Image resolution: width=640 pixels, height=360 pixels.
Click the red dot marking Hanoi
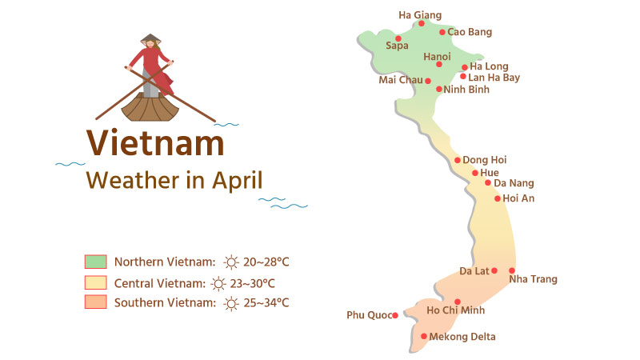pos(439,64)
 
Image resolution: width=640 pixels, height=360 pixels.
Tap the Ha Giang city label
pos(420,14)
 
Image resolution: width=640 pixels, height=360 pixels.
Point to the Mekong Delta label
pos(463,337)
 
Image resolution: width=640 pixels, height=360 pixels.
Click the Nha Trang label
pos(533,279)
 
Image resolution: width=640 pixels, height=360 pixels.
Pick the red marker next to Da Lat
pos(494,270)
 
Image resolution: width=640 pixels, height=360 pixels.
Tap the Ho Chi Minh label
pos(456,310)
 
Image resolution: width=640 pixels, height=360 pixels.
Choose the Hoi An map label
pos(518,198)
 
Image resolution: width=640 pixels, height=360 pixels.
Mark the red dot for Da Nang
pos(488,182)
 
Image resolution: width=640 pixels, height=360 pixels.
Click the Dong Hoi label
pos(485,160)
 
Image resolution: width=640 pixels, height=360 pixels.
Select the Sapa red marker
pos(398,38)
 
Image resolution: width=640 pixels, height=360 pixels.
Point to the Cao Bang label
pos(470,32)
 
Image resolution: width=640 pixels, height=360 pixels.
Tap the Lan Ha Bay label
pos(494,78)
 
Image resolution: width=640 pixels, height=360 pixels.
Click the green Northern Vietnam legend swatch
pos(95,262)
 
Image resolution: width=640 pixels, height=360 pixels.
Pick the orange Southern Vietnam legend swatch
pos(95,302)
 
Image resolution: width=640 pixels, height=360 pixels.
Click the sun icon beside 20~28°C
pos(231,262)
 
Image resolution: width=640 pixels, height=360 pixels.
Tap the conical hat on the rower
pos(150,38)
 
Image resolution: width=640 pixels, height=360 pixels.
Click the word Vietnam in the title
pos(155,143)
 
